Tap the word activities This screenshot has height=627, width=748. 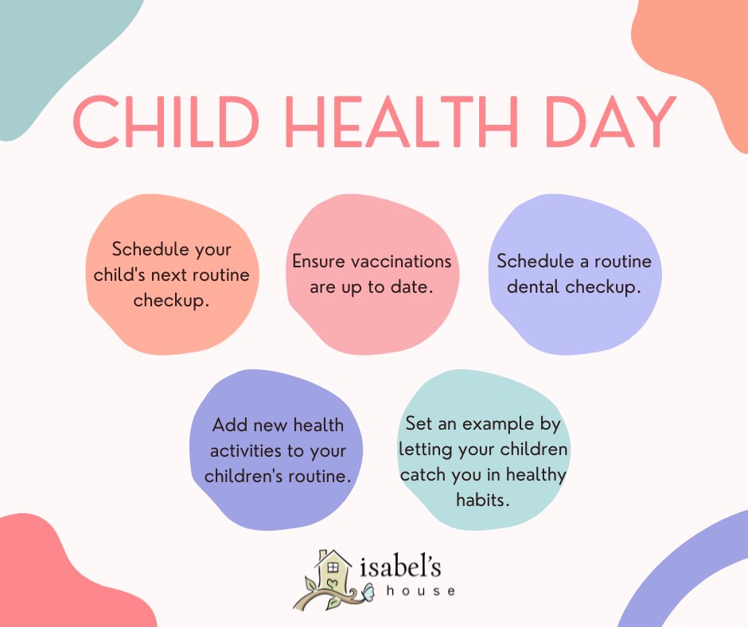[x=245, y=451]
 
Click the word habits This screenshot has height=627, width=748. [x=482, y=500]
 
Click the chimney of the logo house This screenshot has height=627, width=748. [x=322, y=555]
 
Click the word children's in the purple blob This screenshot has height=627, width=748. [x=243, y=476]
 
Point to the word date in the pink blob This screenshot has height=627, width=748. [x=412, y=286]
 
